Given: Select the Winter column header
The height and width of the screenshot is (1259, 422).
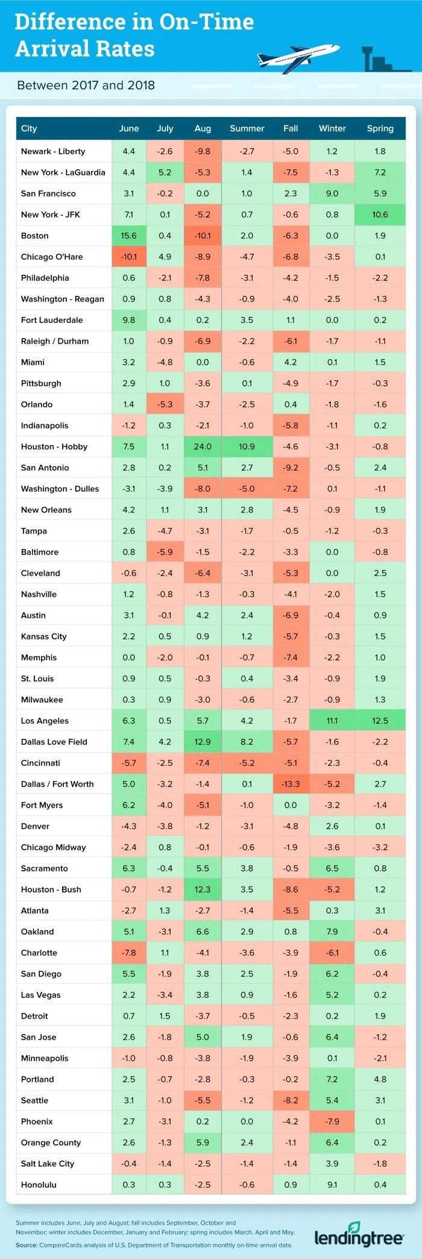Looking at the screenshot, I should pos(332,128).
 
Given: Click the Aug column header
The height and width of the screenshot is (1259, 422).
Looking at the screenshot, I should pos(203,128).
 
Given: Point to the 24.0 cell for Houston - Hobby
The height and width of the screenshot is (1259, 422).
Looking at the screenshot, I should pos(203,447).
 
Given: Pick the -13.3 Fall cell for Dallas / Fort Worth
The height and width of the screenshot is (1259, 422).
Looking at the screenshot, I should pos(291,784).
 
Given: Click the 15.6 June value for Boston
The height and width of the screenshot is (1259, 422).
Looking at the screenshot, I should pos(129,236).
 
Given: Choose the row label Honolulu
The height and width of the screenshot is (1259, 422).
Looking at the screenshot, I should pos(39,1184).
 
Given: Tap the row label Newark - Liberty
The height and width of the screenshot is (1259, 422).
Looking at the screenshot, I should pos(53,151).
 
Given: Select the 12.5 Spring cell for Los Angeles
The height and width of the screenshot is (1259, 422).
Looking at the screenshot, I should pos(380,721).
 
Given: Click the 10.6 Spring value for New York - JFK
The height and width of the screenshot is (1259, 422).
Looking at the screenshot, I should pos(380,215).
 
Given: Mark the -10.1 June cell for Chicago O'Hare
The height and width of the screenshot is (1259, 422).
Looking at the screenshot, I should pos(129,257).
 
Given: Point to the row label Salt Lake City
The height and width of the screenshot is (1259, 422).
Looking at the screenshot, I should pos(48,1163).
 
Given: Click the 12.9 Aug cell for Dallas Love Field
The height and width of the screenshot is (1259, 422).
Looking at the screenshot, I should pos(203,742).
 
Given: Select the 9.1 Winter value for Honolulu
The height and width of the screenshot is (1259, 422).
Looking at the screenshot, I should pos(332,1184).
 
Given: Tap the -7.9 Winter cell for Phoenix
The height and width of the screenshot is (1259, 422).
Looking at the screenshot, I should pos(332,1121).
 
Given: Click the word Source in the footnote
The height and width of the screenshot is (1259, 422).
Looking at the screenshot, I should pos(27,1245).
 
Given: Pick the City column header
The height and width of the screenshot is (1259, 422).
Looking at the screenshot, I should pos(29,128).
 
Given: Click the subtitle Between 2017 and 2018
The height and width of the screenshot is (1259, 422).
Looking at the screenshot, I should pos(86,86).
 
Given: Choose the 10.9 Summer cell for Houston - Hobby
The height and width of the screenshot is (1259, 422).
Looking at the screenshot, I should pos(247,447).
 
